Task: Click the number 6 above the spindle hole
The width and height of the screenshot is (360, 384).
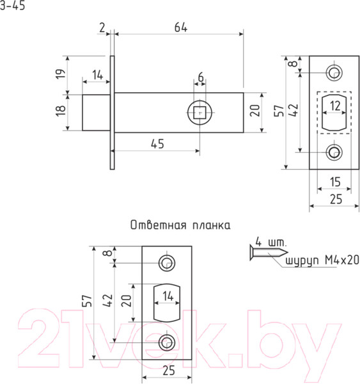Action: coord(201,77)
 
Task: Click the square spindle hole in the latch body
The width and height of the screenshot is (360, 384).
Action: coord(201,113)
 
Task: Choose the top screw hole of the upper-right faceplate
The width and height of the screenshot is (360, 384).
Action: coord(334,72)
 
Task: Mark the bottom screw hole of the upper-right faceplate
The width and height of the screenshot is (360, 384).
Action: coord(334,152)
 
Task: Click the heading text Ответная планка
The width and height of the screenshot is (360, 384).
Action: coord(180,225)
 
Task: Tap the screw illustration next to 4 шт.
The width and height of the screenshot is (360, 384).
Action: coord(264,254)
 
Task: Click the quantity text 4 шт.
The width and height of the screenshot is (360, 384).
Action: coord(271,242)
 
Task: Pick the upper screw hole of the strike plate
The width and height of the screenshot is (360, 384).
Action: coord(167,262)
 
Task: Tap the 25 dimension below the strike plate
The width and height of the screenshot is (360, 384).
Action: coord(168,371)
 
